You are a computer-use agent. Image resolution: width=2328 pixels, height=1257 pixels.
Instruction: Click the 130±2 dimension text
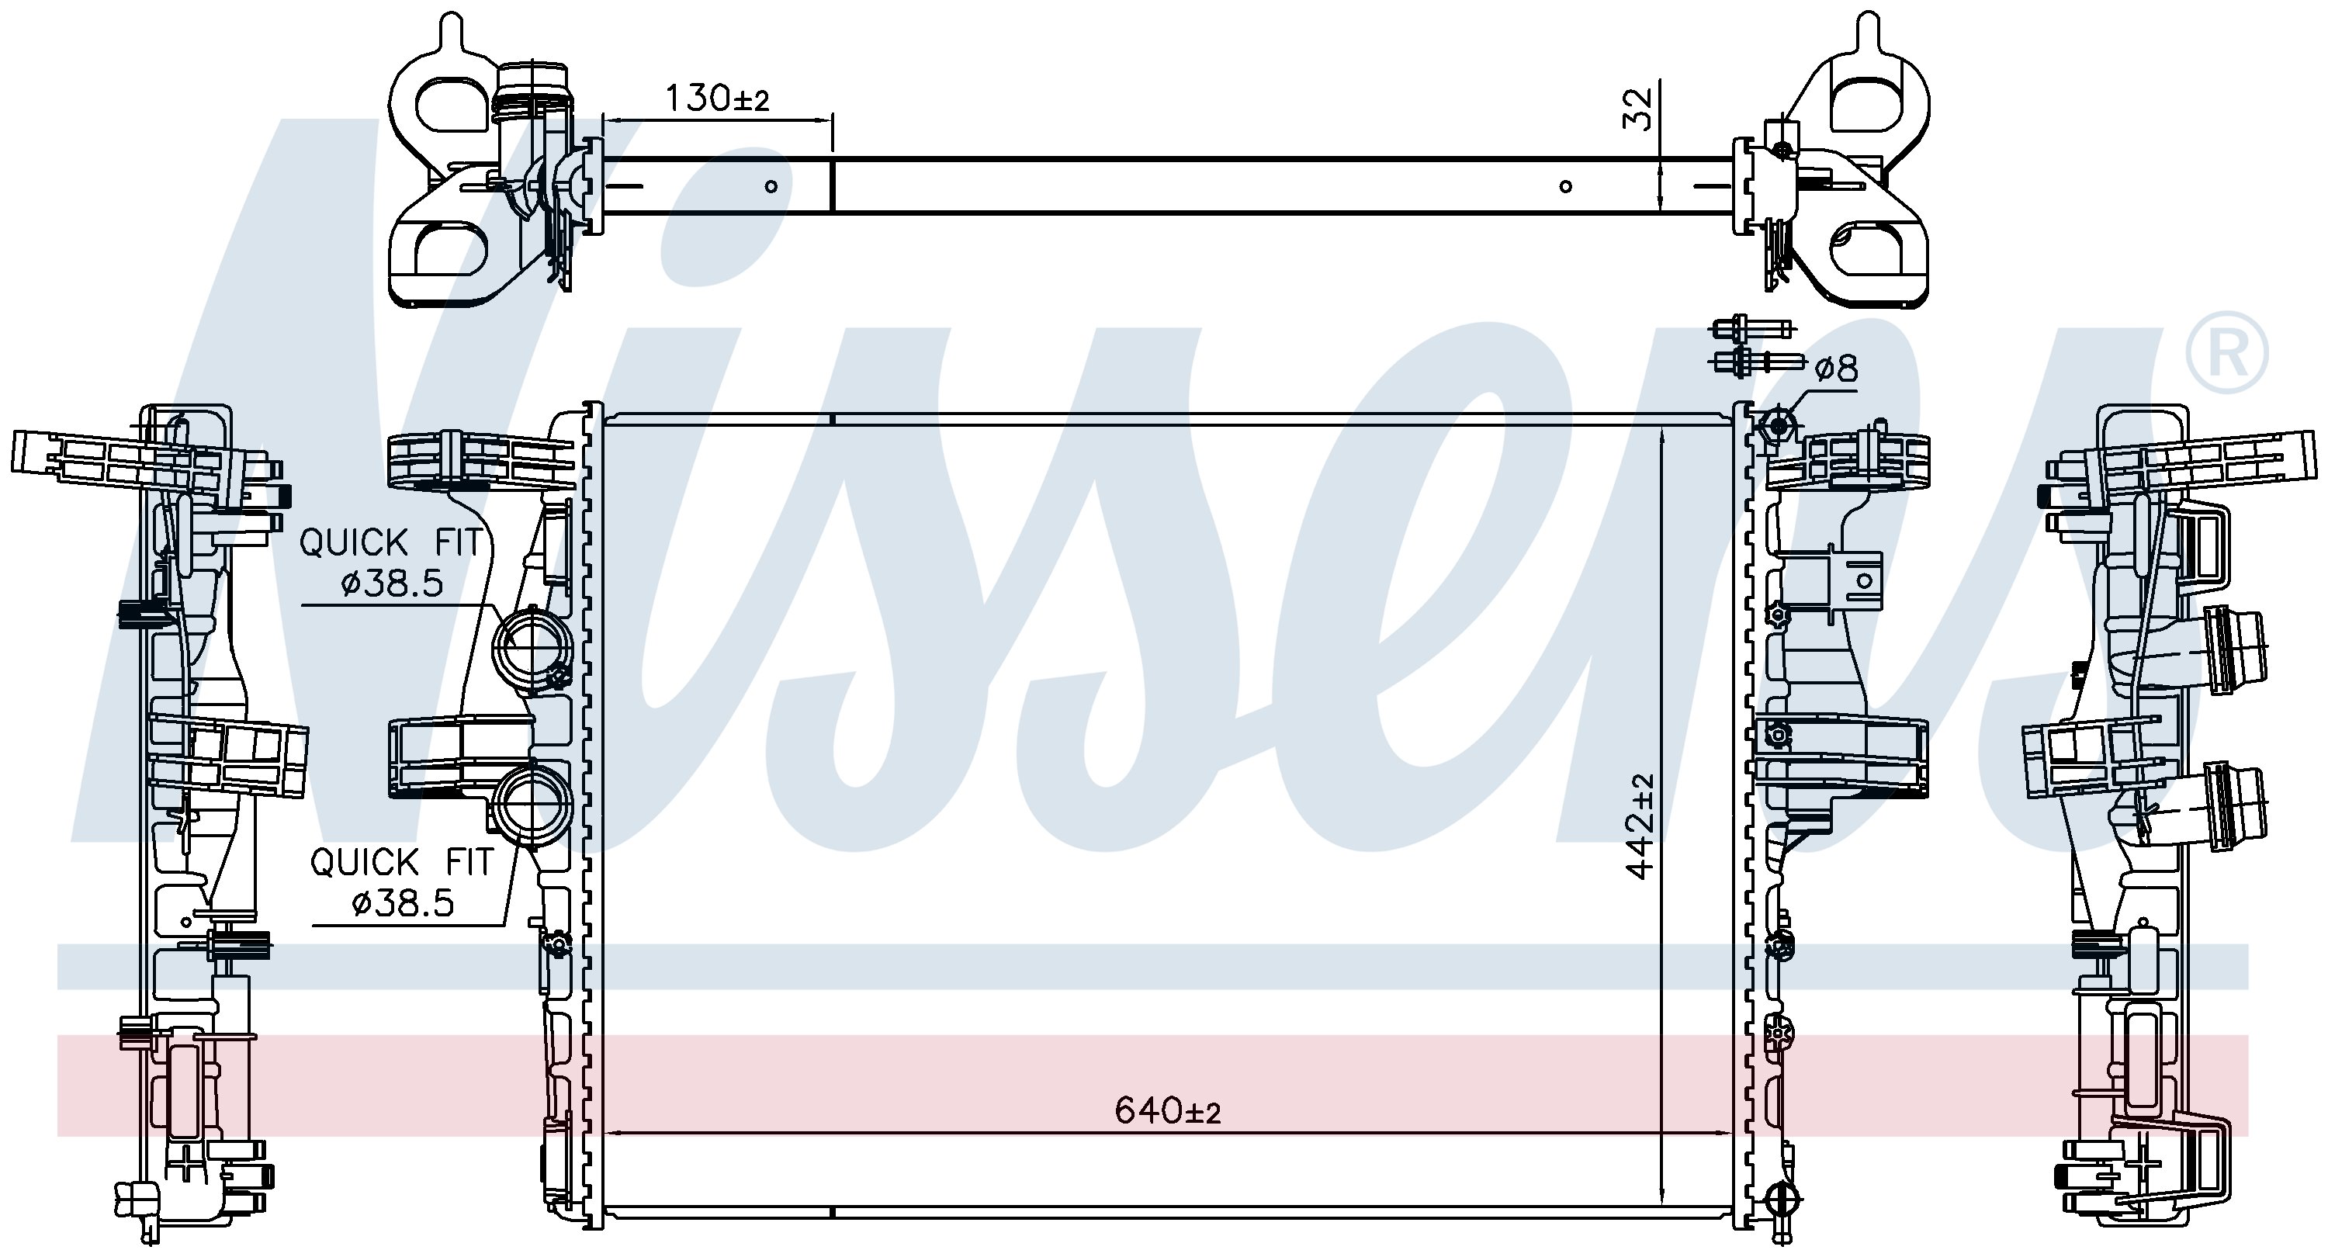pyautogui.click(x=718, y=98)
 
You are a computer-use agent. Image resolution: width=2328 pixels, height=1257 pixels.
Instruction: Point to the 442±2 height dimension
pyautogui.click(x=1640, y=825)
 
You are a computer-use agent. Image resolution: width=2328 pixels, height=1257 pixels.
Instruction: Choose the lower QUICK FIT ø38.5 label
pyautogui.click(x=401, y=882)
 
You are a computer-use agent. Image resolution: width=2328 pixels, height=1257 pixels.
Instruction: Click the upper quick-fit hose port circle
pyautogui.click(x=532, y=649)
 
